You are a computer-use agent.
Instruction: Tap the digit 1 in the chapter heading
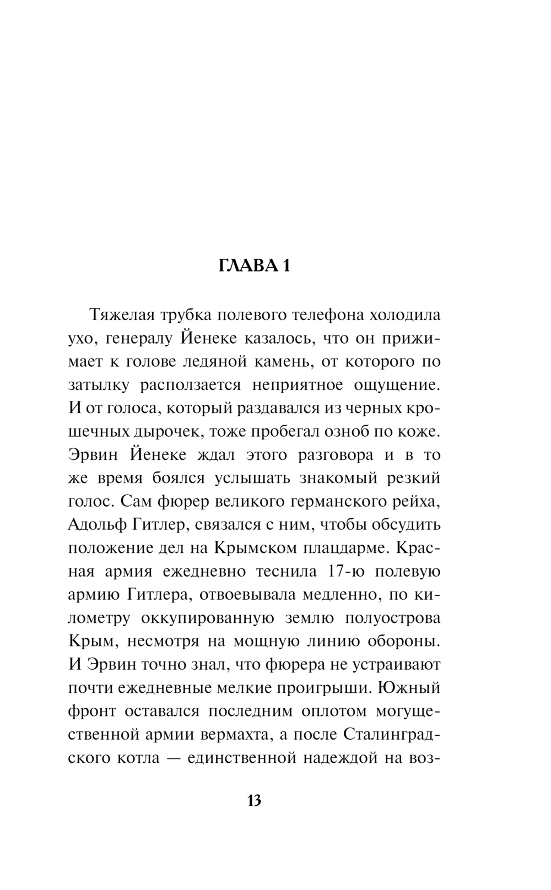click(x=285, y=266)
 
